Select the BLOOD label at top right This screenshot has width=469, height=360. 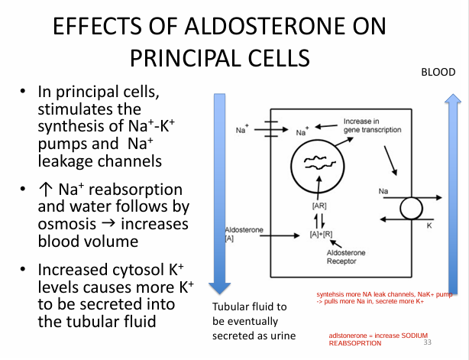(438, 72)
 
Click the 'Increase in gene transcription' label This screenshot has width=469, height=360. (371, 126)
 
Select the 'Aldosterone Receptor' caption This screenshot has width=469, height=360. (346, 257)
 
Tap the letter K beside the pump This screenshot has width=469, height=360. (429, 226)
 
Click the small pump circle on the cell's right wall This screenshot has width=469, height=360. (412, 209)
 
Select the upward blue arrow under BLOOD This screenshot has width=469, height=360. (451, 206)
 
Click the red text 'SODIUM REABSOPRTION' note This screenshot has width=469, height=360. (377, 339)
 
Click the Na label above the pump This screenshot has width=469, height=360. (383, 189)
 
